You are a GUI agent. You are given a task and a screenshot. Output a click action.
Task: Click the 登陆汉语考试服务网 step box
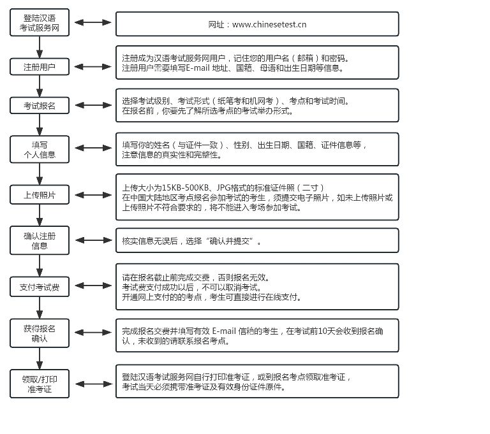[40, 22]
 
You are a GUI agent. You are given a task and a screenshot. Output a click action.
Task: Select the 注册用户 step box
[40, 66]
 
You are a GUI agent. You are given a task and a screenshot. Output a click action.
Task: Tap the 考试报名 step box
[40, 106]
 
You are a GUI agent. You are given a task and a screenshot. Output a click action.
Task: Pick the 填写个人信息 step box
[40, 149]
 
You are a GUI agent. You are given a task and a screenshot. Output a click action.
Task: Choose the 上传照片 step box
[40, 195]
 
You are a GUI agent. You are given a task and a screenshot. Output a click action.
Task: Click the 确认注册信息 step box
[40, 240]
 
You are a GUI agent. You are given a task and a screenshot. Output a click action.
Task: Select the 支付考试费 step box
[40, 287]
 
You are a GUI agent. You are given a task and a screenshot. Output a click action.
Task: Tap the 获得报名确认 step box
[40, 333]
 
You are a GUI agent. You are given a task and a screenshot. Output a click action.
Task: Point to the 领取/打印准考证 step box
[40, 384]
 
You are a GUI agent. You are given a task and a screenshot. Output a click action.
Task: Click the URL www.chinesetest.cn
[269, 24]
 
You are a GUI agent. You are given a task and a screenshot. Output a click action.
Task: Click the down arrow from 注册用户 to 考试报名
[40, 86]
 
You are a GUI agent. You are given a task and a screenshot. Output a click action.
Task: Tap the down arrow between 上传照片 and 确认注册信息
[40, 215]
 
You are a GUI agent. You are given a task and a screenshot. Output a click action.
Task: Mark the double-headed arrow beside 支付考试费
[93, 286]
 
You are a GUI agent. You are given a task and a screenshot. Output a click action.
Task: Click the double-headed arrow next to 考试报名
[93, 105]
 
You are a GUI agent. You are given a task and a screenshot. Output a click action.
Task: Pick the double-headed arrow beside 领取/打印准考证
[93, 384]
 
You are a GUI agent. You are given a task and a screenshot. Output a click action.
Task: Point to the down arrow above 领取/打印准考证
[40, 358]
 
